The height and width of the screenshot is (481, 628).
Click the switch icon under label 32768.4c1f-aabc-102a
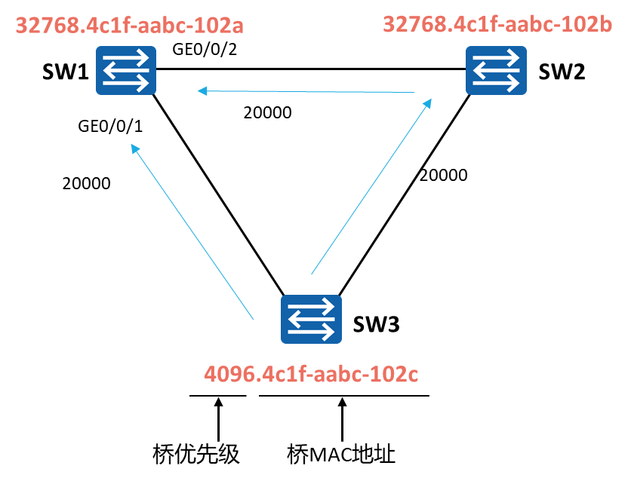126,70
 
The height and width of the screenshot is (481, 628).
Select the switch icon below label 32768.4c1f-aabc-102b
496,70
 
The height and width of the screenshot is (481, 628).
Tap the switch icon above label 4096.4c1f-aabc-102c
311,319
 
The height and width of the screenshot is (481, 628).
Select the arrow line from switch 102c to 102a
192,231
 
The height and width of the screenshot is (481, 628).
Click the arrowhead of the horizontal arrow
202,91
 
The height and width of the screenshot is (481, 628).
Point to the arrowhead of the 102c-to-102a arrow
134,148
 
